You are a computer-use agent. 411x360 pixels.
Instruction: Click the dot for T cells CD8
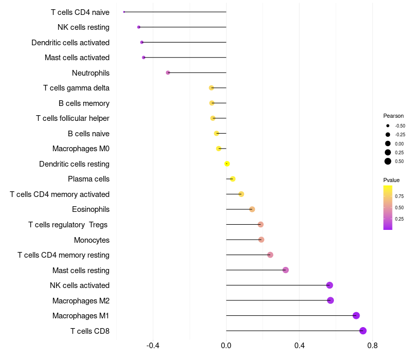363,331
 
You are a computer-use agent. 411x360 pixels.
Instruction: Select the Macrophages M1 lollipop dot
356,316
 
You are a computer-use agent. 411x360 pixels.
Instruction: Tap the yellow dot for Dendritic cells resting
227,164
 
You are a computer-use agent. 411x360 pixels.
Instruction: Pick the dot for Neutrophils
168,73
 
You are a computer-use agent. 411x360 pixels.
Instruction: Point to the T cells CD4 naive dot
124,12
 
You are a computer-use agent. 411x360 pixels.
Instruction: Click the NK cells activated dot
329,285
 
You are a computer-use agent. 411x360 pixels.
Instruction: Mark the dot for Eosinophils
252,209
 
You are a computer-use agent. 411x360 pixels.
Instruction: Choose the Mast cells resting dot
286,270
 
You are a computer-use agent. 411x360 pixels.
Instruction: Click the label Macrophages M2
81,300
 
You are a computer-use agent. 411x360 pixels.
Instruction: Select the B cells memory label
84,103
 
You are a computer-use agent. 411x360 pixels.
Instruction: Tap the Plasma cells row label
88,179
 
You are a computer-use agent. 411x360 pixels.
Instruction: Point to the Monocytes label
91,240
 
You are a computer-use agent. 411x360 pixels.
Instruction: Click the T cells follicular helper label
72,118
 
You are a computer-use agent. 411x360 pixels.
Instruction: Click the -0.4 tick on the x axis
153,345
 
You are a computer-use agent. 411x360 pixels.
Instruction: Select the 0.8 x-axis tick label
373,345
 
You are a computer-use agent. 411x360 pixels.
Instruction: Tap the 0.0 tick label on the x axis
226,345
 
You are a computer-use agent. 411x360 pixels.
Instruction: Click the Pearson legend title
394,116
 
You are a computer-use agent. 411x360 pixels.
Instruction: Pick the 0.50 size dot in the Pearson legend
388,161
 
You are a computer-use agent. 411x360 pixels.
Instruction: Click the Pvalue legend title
391,180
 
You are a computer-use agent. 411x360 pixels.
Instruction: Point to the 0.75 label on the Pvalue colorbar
399,196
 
